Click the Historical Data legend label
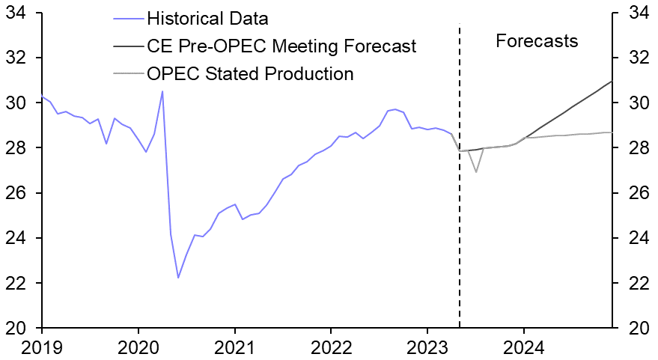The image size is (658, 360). pos(207,17)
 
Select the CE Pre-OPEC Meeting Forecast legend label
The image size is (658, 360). pos(281,46)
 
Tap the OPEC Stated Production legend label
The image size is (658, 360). pos(250,73)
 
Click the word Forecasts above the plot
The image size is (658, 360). pos(537,40)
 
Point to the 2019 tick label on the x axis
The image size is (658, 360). pos(42,348)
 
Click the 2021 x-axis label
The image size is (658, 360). pos(234,348)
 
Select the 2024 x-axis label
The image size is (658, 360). pos(524,348)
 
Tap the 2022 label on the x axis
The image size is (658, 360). pos(331,348)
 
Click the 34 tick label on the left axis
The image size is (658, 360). pos(16,13)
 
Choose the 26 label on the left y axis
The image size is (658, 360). pos(16,193)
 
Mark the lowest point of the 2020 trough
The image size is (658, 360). pos(178,278)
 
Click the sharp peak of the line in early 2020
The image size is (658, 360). pos(162,91)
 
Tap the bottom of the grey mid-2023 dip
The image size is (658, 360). pos(475,172)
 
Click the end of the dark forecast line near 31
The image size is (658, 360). pos(612,82)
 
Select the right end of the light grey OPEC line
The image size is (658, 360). pos(612,132)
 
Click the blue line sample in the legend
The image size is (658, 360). pos(127,17)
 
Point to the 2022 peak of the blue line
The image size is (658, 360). pos(395,109)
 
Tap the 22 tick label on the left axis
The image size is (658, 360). pos(16,283)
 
